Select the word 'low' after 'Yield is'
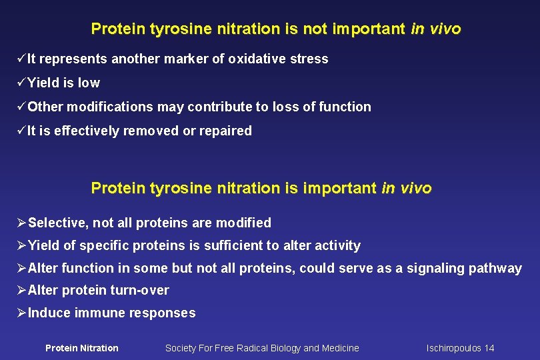pos(89,83)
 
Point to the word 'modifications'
pos(107,107)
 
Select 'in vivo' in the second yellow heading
pos(407,189)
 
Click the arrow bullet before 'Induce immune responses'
pos(21,313)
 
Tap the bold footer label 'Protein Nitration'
pos(81,348)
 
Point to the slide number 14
pos(489,348)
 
